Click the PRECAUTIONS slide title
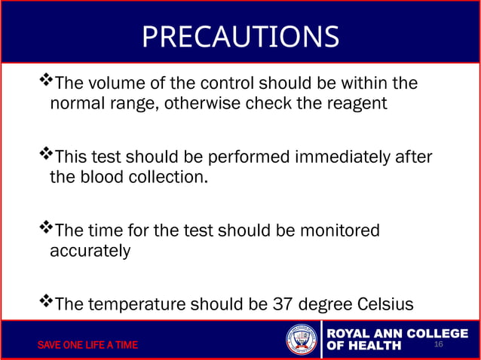pyautogui.click(x=240, y=35)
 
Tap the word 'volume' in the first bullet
pyautogui.click(x=115, y=82)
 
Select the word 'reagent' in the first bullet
pyautogui.click(x=357, y=103)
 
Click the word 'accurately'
pyautogui.click(x=90, y=251)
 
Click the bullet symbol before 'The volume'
pyautogui.click(x=46, y=80)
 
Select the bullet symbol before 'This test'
pyautogui.click(x=46, y=154)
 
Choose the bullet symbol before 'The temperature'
pyautogui.click(x=46, y=302)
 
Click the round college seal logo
pyautogui.click(x=302, y=340)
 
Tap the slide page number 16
pyautogui.click(x=440, y=344)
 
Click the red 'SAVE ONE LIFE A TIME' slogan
pyautogui.click(x=88, y=345)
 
